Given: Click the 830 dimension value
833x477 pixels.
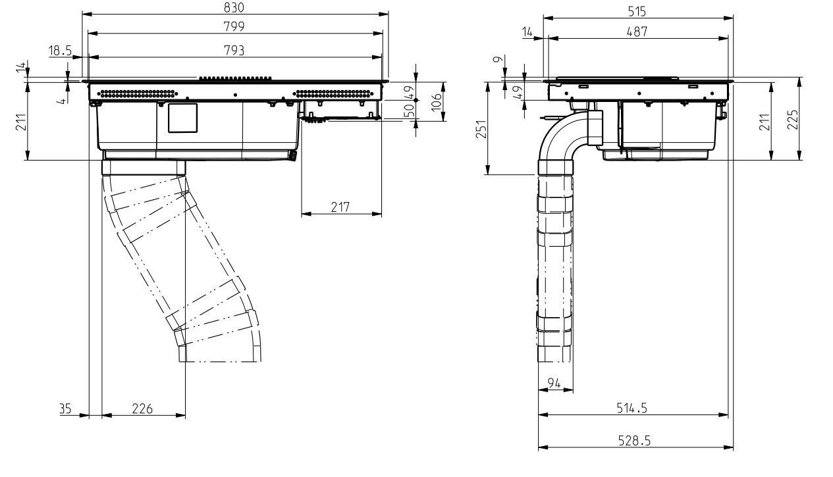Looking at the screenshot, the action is tap(234, 7).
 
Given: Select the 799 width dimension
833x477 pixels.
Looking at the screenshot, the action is tap(234, 27).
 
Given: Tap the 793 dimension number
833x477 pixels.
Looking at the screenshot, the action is tap(234, 51).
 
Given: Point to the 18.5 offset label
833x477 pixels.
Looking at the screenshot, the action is tap(60, 51).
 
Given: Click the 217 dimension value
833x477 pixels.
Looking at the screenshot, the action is tap(340, 207).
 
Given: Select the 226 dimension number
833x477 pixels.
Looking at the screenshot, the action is tap(142, 409).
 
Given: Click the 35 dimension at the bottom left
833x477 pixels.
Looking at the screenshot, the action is tap(65, 409).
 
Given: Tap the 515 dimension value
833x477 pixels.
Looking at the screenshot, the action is tap(637, 12).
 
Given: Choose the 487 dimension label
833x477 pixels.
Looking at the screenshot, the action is tap(637, 32).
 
